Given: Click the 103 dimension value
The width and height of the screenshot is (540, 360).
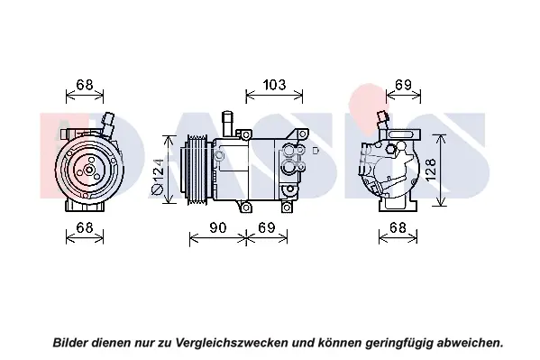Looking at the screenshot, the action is coord(274,85).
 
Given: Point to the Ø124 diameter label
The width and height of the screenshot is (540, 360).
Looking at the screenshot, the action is coord(158,176).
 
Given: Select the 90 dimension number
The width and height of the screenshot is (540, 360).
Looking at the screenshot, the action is coord(217,227).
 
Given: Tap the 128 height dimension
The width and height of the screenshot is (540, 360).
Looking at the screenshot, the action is coord(430,170).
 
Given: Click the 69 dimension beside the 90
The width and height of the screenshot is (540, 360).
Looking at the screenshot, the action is coord(267,227).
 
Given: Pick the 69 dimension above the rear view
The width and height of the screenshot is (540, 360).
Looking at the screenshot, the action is coord(403,85).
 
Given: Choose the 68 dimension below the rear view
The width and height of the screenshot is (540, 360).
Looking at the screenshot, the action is coord(398,227).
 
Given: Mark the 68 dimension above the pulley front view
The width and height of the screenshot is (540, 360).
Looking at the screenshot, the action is coord(85,85).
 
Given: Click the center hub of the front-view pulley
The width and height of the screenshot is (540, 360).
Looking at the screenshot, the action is coord(89,170).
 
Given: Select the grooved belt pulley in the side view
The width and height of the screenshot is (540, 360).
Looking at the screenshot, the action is coord(197,170).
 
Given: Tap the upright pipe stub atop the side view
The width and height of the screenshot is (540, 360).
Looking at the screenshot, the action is coord(228,124).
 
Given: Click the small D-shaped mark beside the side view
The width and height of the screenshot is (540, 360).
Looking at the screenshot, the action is coord(316,151).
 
